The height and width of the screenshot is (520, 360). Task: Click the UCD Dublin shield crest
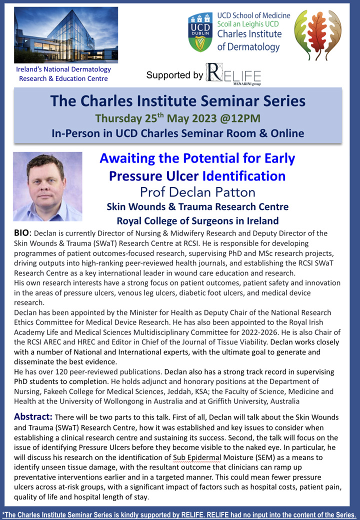click(x=200, y=32)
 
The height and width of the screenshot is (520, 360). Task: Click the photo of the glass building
click(x=66, y=35)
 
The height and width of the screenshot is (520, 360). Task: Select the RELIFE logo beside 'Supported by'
click(x=233, y=74)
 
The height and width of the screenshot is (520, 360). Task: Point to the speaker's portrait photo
click(x=47, y=186)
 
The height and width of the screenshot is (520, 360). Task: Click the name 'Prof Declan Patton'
click(x=197, y=192)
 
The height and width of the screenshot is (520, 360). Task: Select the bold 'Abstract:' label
click(x=33, y=416)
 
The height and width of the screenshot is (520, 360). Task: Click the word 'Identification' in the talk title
click(x=244, y=176)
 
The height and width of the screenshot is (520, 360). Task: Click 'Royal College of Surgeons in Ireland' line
click(x=197, y=221)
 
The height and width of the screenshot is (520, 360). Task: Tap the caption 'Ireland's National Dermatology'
click(x=63, y=69)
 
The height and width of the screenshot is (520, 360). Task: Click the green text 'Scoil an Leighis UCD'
click(x=248, y=24)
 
